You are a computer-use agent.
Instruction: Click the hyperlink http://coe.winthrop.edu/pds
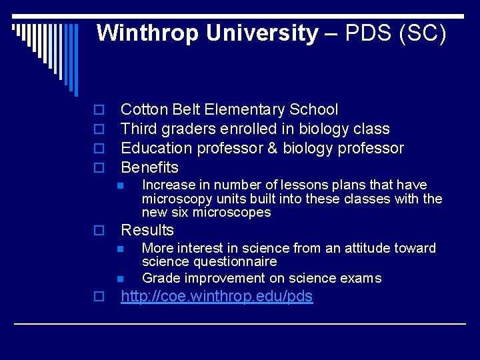pos(217,297)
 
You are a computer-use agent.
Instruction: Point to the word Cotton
pos(142,110)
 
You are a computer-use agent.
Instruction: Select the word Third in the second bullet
pos(139,129)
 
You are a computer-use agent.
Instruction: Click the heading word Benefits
pos(149,167)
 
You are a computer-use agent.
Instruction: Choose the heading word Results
pos(147,231)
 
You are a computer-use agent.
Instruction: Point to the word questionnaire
pos(209,262)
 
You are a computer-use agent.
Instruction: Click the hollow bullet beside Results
pos(97,231)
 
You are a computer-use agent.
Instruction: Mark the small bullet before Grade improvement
pos(120,279)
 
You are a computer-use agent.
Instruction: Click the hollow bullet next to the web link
pos(97,297)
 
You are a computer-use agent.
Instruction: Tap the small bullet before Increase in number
pos(120,185)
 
